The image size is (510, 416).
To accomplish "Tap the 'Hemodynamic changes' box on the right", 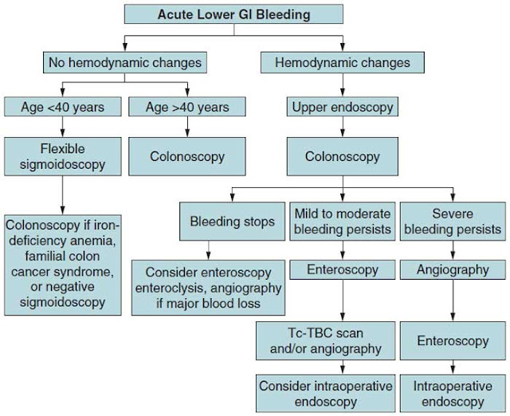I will tap(343, 62).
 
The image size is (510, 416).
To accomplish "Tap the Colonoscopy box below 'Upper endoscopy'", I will tap(343, 157).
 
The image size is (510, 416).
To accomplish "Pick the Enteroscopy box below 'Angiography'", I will tap(453, 341).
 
